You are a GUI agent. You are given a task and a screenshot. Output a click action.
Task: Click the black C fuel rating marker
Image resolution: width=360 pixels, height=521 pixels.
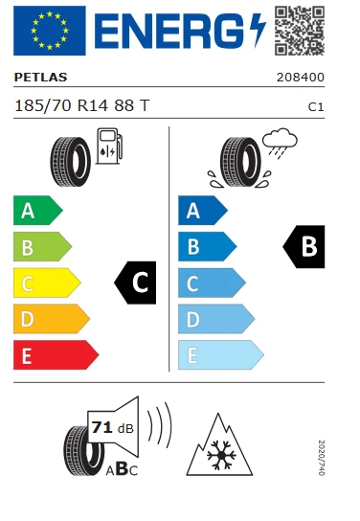pos(136,283)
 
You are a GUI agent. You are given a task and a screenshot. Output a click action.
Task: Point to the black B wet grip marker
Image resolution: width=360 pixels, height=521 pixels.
pos(304,246)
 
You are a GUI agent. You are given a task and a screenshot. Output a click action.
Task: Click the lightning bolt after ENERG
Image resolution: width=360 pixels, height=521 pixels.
pos(256,32)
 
